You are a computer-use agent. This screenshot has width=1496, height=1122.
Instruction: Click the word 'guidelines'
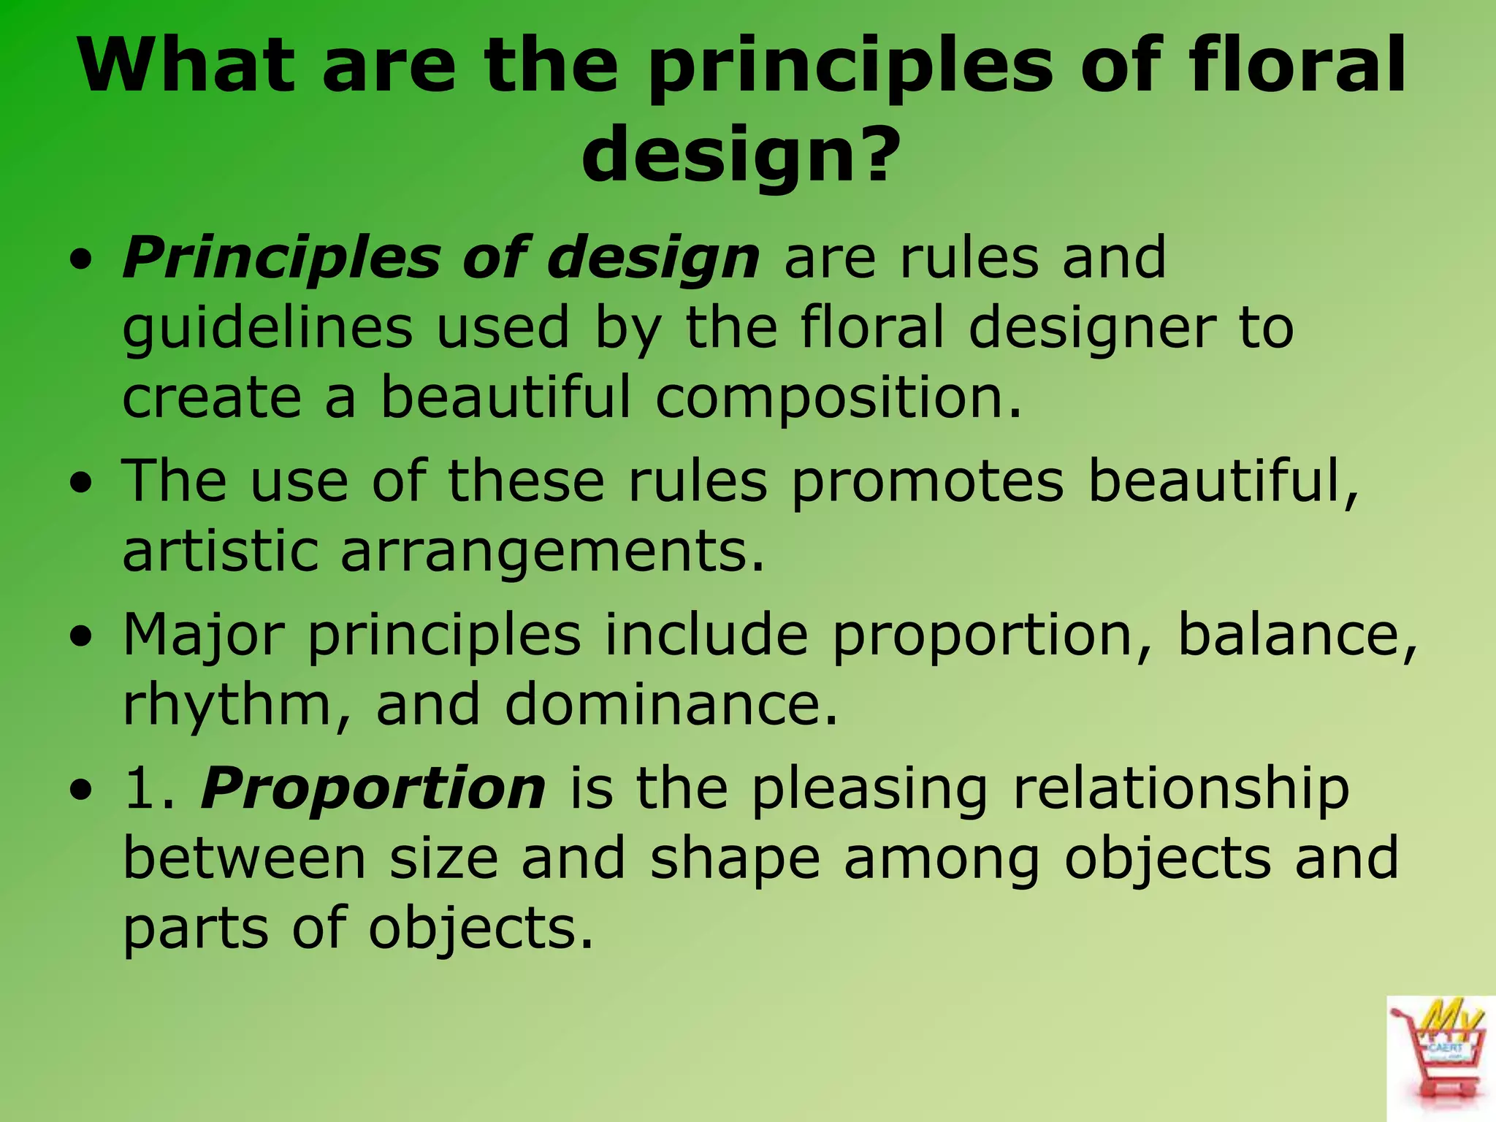click(267, 329)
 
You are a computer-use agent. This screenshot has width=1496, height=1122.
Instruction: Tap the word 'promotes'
click(928, 482)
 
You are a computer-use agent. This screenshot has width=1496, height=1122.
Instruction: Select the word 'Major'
click(204, 636)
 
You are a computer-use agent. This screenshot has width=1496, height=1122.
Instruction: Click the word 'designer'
click(1093, 329)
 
